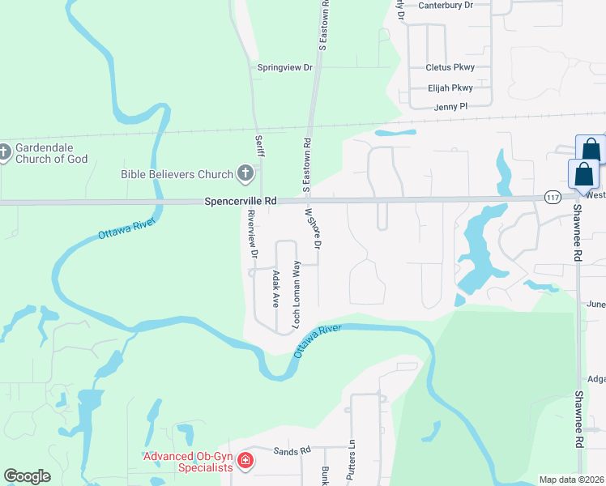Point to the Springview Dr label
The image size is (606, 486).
click(284, 68)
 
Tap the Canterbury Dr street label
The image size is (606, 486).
click(445, 5)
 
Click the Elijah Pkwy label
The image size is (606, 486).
click(450, 88)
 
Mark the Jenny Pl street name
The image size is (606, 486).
click(451, 106)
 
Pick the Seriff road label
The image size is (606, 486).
click(260, 147)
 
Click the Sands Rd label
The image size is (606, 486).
click(292, 450)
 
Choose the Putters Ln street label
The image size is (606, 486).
click(352, 461)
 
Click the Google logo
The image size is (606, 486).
click(27, 476)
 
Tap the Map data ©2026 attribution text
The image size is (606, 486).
click(571, 480)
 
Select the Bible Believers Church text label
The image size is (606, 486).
click(177, 173)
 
